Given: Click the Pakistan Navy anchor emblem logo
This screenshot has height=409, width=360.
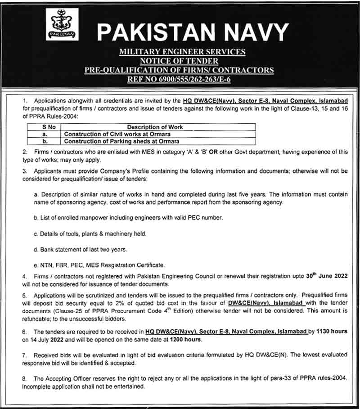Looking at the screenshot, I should pyautogui.click(x=62, y=25).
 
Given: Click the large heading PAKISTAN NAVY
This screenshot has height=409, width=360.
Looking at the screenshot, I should pyautogui.click(x=192, y=32).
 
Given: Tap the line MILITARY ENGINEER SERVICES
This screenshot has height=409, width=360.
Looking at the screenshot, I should pyautogui.click(x=182, y=52).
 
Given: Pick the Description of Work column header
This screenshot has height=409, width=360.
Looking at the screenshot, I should pyautogui.click(x=155, y=127).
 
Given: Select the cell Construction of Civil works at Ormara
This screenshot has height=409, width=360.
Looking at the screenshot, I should pyautogui.click(x=117, y=134).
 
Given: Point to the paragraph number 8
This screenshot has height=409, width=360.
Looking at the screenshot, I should pyautogui.click(x=24, y=379).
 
